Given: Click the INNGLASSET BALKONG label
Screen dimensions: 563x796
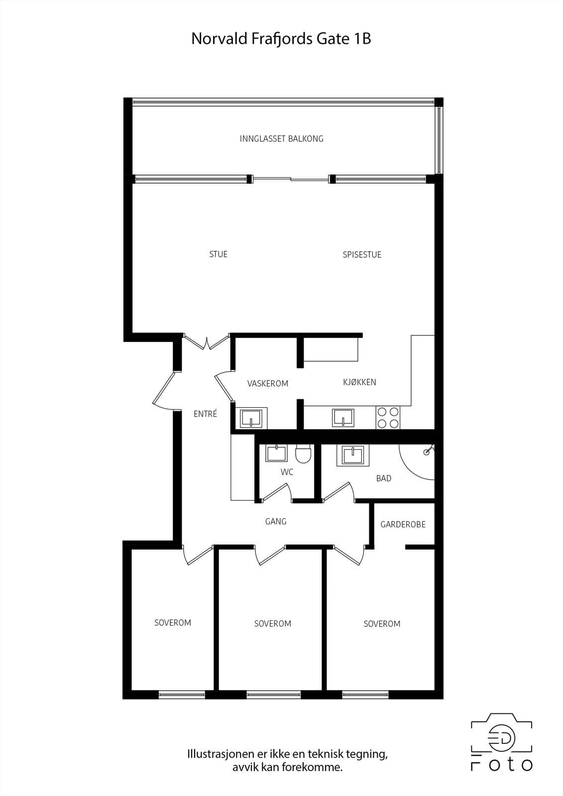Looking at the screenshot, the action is pyautogui.click(x=281, y=139).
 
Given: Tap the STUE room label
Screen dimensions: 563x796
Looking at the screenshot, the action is pyautogui.click(x=219, y=254).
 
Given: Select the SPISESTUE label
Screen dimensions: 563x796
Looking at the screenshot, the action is pyautogui.click(x=362, y=254).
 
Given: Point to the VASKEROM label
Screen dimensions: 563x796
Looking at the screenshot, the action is pyautogui.click(x=267, y=384).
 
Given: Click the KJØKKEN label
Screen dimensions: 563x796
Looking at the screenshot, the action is pyautogui.click(x=359, y=382).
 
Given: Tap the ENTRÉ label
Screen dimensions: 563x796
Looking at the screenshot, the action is pyautogui.click(x=205, y=413).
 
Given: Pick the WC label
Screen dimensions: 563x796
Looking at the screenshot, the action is pyautogui.click(x=287, y=472).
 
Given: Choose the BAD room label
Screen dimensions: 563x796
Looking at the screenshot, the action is pyautogui.click(x=384, y=478).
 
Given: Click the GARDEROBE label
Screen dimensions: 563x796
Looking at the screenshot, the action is pyautogui.click(x=403, y=524).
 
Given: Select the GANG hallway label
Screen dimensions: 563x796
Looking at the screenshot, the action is pyautogui.click(x=276, y=521).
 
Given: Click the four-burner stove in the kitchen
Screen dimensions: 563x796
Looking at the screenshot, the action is pyautogui.click(x=388, y=417).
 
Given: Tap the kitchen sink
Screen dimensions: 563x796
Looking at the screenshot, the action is pyautogui.click(x=343, y=417).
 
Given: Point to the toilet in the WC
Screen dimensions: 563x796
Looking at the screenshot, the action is pyautogui.click(x=303, y=454).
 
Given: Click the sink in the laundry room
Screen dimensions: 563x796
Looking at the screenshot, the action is pyautogui.click(x=251, y=418).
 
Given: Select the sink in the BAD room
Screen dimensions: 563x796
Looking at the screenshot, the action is pyautogui.click(x=353, y=455).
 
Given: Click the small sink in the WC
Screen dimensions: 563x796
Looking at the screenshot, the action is pyautogui.click(x=277, y=453).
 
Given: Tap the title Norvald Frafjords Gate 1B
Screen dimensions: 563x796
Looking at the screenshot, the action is pyautogui.click(x=281, y=38).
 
